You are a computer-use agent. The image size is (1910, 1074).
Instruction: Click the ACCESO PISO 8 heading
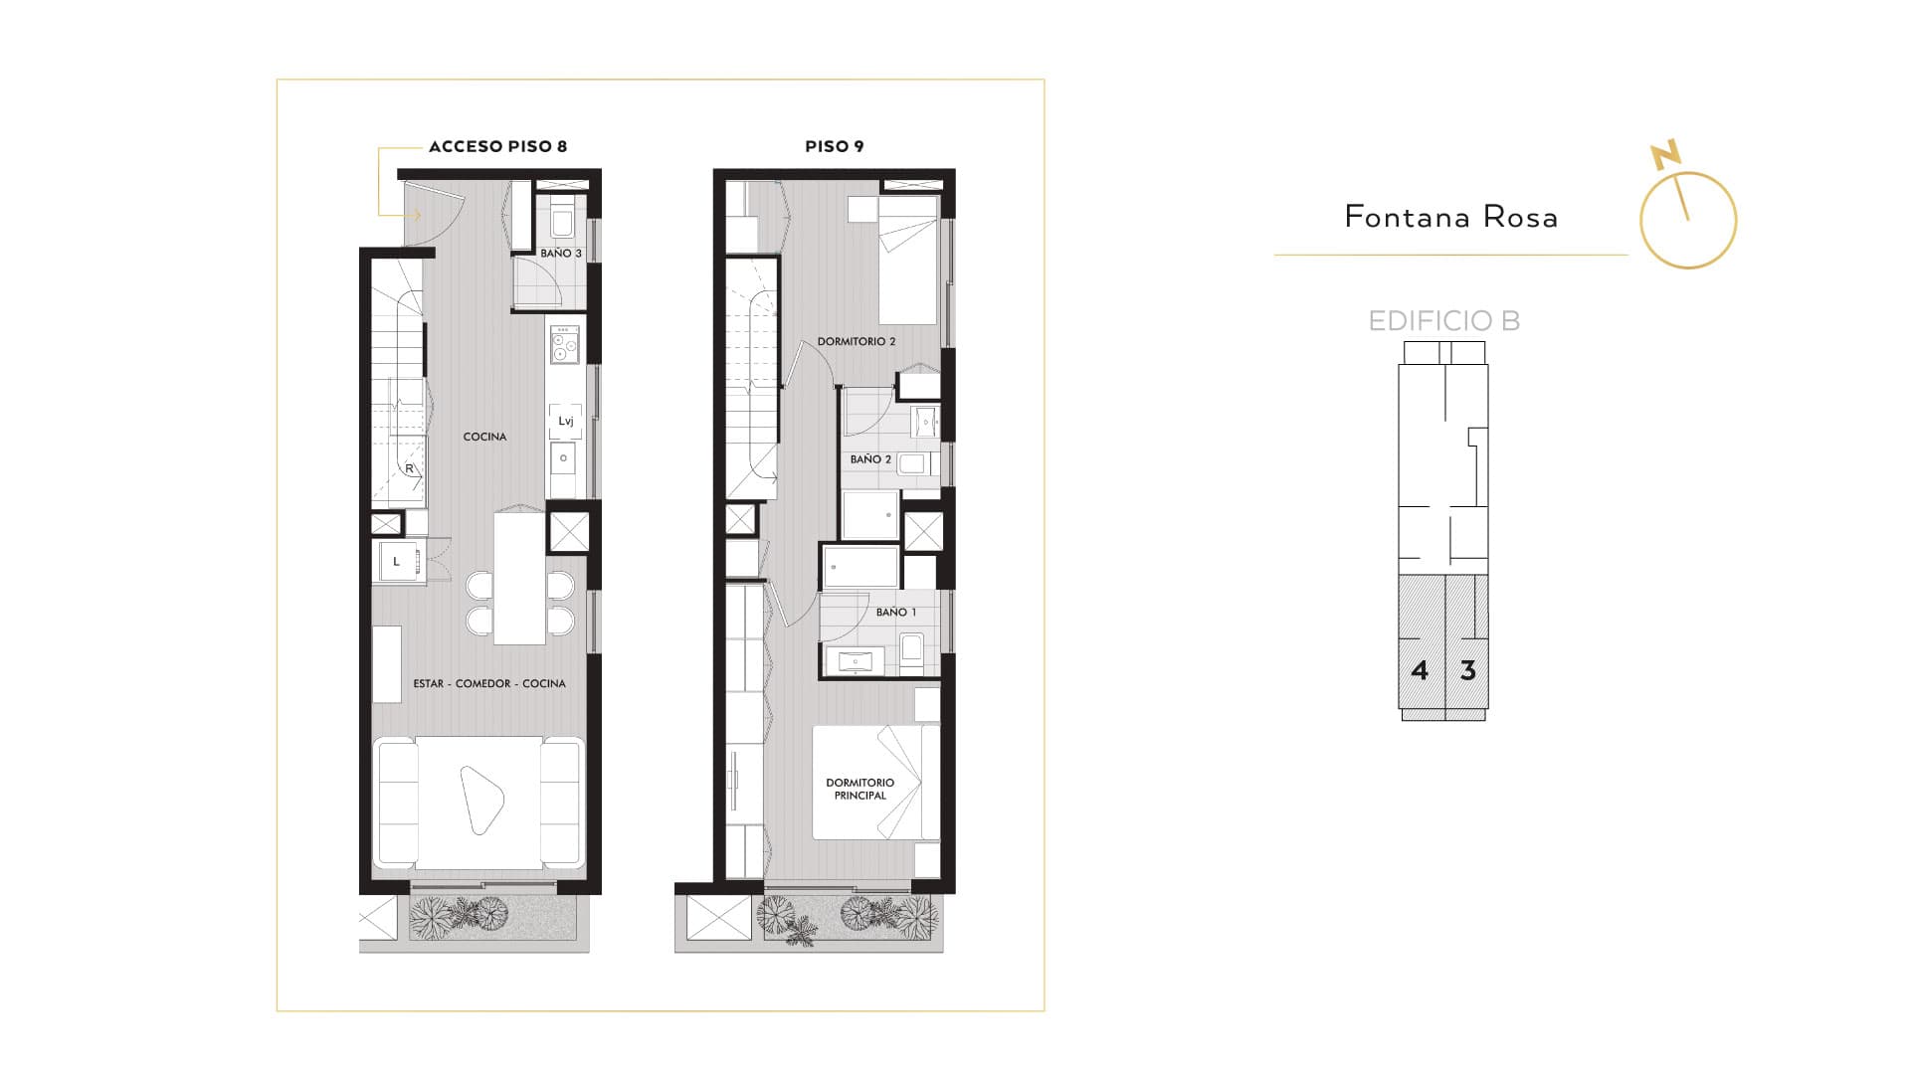click(x=497, y=146)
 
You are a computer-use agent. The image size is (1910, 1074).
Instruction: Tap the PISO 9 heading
click(x=834, y=146)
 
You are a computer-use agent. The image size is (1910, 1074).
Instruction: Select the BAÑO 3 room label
click(x=561, y=254)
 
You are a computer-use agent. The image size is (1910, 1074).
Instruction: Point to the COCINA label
click(x=484, y=437)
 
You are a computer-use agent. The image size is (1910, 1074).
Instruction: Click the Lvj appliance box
click(x=566, y=421)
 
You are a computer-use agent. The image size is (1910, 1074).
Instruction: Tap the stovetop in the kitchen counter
click(x=565, y=343)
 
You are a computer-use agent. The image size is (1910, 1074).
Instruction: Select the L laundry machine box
click(x=396, y=562)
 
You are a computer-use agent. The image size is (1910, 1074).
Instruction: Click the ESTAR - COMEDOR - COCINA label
click(x=489, y=683)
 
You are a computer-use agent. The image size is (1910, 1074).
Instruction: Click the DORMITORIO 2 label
click(x=857, y=341)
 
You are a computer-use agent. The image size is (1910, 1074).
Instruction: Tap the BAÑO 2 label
click(x=870, y=459)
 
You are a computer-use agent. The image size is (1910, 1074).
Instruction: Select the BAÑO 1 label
click(x=896, y=612)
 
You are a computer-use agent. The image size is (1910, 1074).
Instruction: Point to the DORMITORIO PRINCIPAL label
click(x=859, y=789)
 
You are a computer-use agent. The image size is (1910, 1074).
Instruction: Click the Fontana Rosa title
click(x=1450, y=217)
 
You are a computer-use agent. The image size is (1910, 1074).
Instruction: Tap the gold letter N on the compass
click(x=1665, y=155)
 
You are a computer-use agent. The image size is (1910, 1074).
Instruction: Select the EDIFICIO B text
click(x=1444, y=320)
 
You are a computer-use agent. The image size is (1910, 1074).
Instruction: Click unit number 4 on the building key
click(x=1420, y=670)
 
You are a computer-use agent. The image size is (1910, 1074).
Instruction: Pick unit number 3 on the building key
click(x=1467, y=670)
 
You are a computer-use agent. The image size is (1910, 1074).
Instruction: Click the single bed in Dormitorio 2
click(x=908, y=260)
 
